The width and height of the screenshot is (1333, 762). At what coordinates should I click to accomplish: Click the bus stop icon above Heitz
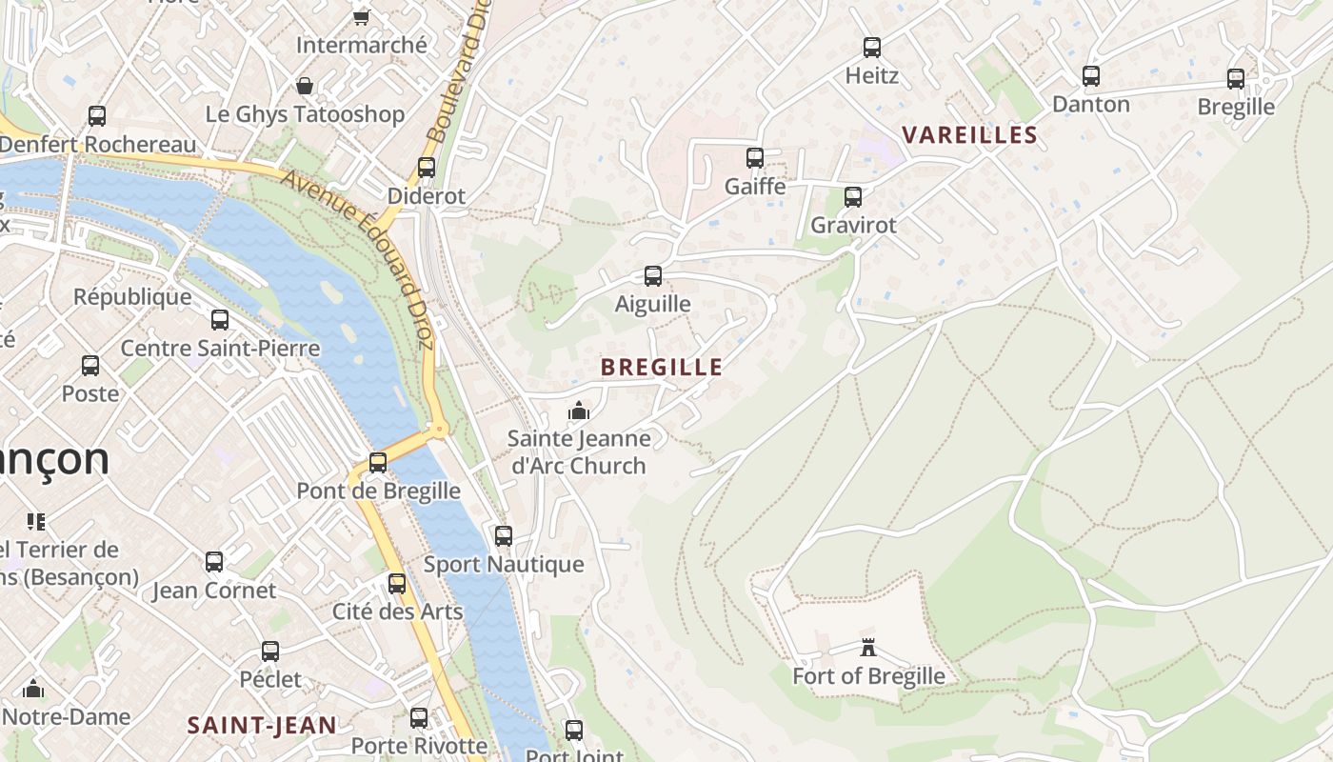pos(871,47)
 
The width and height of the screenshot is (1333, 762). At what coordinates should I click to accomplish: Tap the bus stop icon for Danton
pos(1091,75)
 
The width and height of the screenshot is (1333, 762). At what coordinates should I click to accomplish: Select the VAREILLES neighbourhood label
pos(969,134)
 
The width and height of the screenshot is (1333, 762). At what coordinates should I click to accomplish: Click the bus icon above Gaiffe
pos(755,157)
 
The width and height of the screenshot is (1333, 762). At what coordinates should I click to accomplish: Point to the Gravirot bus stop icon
pos(853,197)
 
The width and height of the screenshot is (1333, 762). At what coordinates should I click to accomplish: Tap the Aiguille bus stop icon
pos(653,276)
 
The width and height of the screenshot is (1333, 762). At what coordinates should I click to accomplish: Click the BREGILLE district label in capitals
pos(662,367)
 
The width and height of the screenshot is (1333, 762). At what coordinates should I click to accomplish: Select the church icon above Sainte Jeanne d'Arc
pos(579,411)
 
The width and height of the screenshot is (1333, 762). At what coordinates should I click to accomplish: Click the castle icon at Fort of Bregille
pos(868,648)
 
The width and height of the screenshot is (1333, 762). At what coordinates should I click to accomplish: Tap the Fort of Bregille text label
pos(868,676)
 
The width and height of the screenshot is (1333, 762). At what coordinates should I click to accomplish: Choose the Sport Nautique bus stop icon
pos(504,535)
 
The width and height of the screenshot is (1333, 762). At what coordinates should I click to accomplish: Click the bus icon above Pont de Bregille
pos(378,462)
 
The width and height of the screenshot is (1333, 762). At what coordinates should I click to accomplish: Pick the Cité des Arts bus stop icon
pos(397,583)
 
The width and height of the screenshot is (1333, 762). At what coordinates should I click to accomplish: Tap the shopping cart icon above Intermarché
pos(361,16)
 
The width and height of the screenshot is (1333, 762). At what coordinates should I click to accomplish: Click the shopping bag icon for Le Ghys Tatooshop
pos(305,87)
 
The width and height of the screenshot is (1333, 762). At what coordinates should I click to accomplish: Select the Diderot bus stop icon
pos(427,167)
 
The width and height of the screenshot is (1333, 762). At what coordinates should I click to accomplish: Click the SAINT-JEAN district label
pos(262,725)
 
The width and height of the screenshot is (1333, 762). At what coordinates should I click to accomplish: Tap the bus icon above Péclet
pos(270,652)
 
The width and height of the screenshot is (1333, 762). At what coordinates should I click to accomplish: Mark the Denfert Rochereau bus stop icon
pos(97,116)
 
